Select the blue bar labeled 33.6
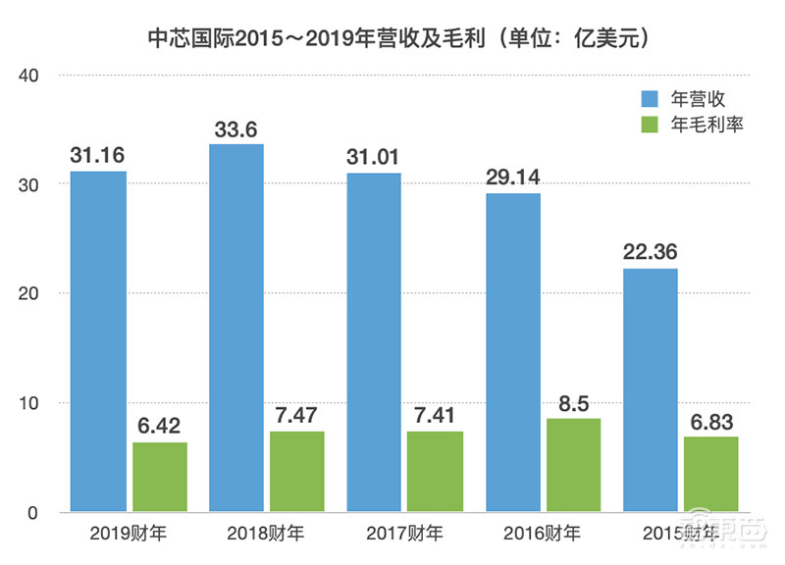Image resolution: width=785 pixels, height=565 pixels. [x=235, y=328]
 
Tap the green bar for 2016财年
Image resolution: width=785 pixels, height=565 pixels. [x=571, y=465]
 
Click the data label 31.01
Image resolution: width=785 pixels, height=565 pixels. [x=373, y=154]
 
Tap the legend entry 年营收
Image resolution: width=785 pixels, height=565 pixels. [x=697, y=98]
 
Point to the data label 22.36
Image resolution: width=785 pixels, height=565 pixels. [x=651, y=249]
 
